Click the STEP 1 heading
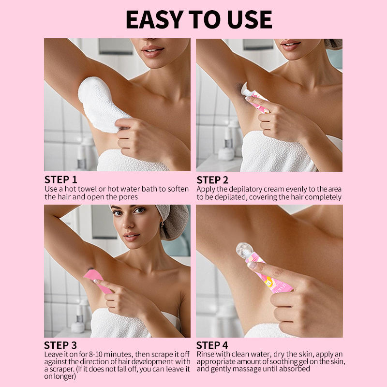point(61,179)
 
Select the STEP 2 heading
point(212,180)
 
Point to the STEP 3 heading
point(60,345)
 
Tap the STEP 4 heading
point(212,345)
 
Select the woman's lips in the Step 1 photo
point(152,51)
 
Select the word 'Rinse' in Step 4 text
point(205,354)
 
